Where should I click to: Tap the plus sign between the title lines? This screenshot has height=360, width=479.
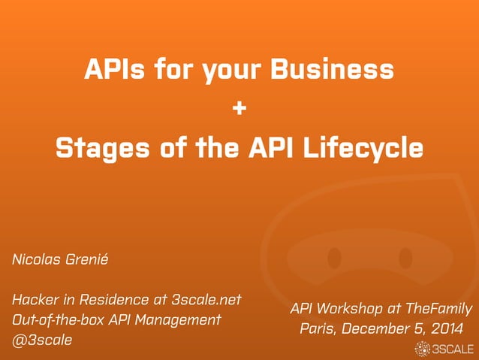pos(239,109)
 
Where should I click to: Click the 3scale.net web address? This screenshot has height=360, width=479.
pos(206,299)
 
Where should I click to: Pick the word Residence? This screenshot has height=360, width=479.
pos(113,299)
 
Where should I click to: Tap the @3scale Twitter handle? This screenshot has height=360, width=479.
pos(42,340)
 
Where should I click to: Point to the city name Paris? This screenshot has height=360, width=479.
pos(317,328)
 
